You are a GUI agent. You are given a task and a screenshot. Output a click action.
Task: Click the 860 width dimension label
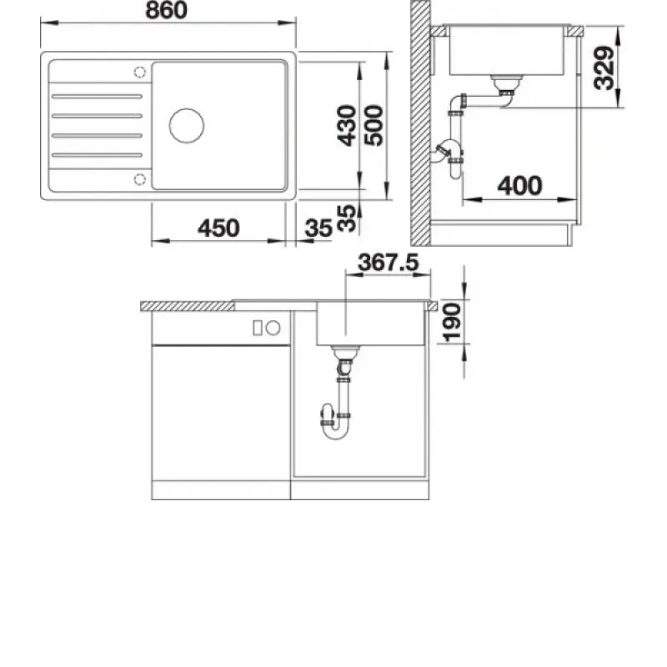pos(166,10)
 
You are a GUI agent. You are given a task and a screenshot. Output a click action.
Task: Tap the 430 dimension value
pos(346,126)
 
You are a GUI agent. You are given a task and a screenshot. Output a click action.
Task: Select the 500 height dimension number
pos(374,126)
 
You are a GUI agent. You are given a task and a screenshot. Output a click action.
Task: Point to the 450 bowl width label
pos(218,228)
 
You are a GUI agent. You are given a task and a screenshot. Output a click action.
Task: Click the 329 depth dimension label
pos(604,68)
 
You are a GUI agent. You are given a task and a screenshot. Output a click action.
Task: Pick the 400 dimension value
pos(519,186)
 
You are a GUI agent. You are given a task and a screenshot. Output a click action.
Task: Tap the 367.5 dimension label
pos(389,262)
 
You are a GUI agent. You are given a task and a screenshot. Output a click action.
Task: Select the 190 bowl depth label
pos(452,323)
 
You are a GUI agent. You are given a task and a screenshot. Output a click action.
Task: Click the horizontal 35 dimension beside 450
pos(318,228)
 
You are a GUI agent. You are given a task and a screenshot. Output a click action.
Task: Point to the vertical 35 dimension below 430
pos(346,218)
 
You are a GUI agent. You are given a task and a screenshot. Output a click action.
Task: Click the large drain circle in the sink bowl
pos(187,126)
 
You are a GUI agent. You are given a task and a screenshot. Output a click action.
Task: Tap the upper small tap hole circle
pos(139,73)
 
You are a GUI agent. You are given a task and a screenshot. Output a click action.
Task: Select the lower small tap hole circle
pos(139,179)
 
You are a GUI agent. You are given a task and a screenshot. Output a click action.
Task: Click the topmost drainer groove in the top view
pos(97,97)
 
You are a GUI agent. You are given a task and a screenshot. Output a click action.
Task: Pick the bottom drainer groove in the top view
pos(97,155)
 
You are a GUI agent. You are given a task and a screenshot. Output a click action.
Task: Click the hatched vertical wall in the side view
pos(420,123)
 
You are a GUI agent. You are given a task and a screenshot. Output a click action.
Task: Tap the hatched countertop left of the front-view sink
pos(187,306)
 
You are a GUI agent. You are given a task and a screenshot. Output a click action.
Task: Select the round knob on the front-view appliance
pos(273,328)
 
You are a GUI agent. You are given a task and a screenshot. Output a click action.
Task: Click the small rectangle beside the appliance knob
pos(258,328)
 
